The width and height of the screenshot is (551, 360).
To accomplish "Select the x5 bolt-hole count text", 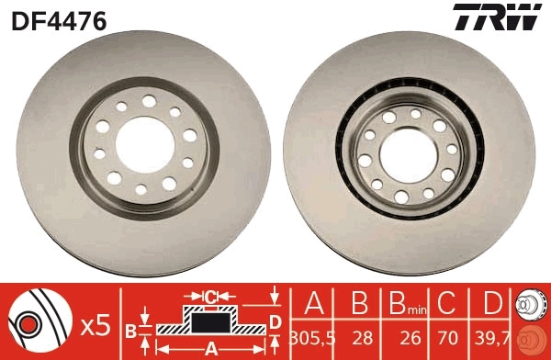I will pyautogui.click(x=96, y=323).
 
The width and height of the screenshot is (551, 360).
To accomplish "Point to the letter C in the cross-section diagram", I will pyautogui.click(x=210, y=296).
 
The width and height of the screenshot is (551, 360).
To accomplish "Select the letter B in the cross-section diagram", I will pyautogui.click(x=130, y=329).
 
